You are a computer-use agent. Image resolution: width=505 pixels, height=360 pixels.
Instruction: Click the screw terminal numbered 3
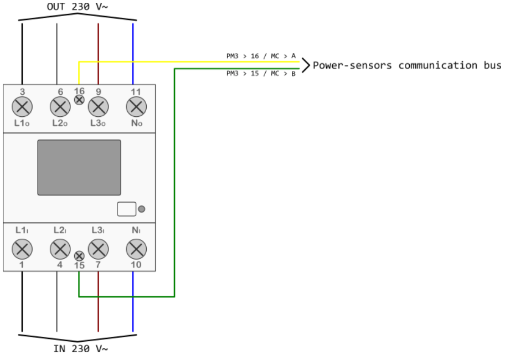(22, 106)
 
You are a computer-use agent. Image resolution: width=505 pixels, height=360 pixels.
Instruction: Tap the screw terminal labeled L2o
(59, 106)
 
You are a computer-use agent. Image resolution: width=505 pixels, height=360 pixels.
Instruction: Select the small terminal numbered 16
(79, 100)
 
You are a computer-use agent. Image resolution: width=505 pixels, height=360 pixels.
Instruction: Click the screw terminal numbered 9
(98, 106)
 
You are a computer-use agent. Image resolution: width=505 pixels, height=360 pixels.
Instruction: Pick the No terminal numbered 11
(136, 106)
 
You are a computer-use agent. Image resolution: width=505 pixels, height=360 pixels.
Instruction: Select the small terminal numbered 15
(79, 256)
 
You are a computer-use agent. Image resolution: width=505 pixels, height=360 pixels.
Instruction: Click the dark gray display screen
(79, 167)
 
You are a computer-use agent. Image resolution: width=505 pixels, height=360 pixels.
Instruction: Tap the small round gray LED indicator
(142, 209)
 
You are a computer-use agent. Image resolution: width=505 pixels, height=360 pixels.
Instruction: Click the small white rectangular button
(126, 209)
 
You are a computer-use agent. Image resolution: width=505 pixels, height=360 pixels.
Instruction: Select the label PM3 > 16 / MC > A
(261, 55)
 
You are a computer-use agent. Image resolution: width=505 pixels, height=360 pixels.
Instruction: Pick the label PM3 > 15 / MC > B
(261, 74)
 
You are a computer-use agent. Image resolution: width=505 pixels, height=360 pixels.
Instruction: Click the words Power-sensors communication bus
(407, 65)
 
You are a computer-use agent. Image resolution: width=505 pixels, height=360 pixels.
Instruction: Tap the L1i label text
(22, 229)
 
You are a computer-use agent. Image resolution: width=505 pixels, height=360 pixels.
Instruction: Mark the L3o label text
(98, 122)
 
